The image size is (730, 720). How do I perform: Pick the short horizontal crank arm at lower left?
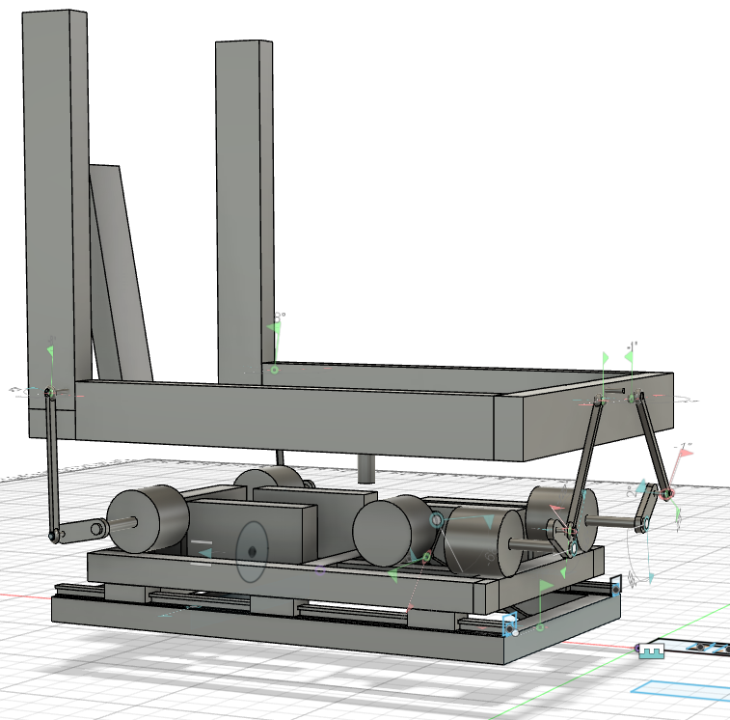[76, 531]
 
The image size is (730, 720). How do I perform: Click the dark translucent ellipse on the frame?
[252, 551]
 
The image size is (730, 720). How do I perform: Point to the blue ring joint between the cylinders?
[436, 521]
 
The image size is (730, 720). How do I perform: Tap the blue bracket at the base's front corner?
[510, 625]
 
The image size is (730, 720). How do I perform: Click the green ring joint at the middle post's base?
[274, 370]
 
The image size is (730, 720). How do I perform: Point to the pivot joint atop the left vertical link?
[50, 392]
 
